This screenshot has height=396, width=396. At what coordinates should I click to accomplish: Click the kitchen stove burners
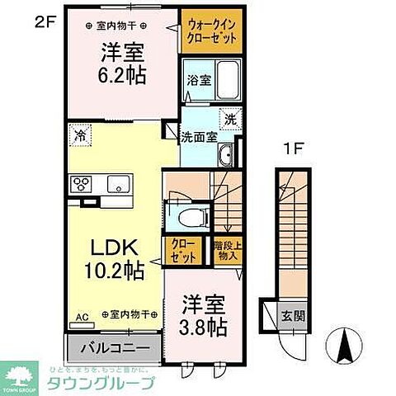click(x=83, y=184)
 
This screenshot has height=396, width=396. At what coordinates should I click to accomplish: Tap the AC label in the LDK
click(x=80, y=315)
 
